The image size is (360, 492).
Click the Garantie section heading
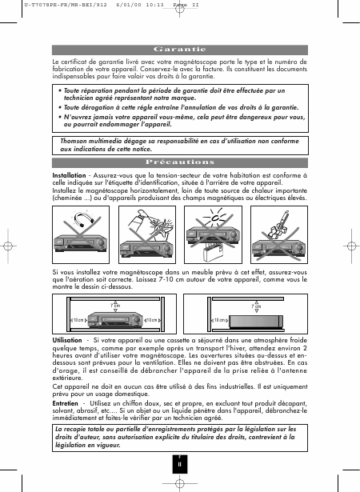coord(179,50)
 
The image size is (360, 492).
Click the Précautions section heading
coord(180,162)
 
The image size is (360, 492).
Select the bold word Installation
coord(69,175)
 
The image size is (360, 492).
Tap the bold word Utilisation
coord(67,340)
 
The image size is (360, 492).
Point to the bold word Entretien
coord(65,403)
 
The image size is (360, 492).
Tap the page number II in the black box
coord(179,464)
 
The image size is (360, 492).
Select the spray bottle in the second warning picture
coord(138,222)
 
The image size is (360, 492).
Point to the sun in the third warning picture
coord(214,217)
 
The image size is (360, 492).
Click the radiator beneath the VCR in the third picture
coord(213,252)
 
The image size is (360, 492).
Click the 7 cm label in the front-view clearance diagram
coord(115,306)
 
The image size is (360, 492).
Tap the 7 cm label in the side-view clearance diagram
coord(256,306)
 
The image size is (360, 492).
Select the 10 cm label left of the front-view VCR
coord(78,320)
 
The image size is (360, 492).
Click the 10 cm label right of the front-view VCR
coord(151,320)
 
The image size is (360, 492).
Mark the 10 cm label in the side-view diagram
coord(220,320)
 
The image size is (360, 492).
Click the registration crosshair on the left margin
coord(8,246)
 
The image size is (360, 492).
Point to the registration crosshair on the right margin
coord(351,246)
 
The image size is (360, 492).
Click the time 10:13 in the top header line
coord(154,5)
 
